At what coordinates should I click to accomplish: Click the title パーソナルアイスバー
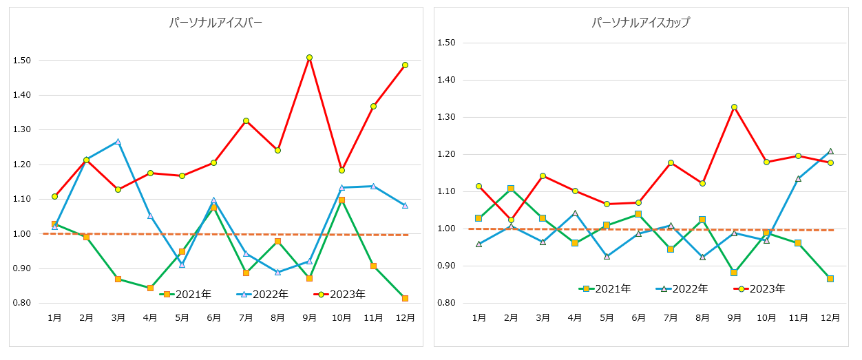[x=215, y=23]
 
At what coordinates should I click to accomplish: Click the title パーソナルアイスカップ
[x=640, y=23]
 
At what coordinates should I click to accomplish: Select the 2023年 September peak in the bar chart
[x=310, y=57]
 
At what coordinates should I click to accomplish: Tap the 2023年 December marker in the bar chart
[x=405, y=65]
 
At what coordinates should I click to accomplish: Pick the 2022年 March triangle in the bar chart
[x=118, y=142]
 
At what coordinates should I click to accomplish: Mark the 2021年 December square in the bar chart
[x=405, y=298]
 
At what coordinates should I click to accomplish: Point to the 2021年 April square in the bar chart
[x=150, y=288]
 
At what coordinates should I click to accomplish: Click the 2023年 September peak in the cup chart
[x=735, y=107]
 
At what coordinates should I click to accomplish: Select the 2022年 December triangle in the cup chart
[x=830, y=151]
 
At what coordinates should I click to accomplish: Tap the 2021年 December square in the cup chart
[x=830, y=279]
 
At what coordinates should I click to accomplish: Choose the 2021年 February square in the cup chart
[x=511, y=188]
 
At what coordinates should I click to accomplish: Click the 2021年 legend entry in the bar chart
[x=186, y=294]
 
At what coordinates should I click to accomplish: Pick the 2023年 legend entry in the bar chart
[x=340, y=294]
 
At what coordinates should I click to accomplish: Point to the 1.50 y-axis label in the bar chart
[x=23, y=61]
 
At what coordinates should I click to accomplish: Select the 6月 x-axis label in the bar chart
[x=214, y=317]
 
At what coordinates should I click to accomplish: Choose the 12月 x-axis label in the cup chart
[x=830, y=317]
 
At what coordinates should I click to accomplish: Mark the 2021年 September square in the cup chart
[x=735, y=273]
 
